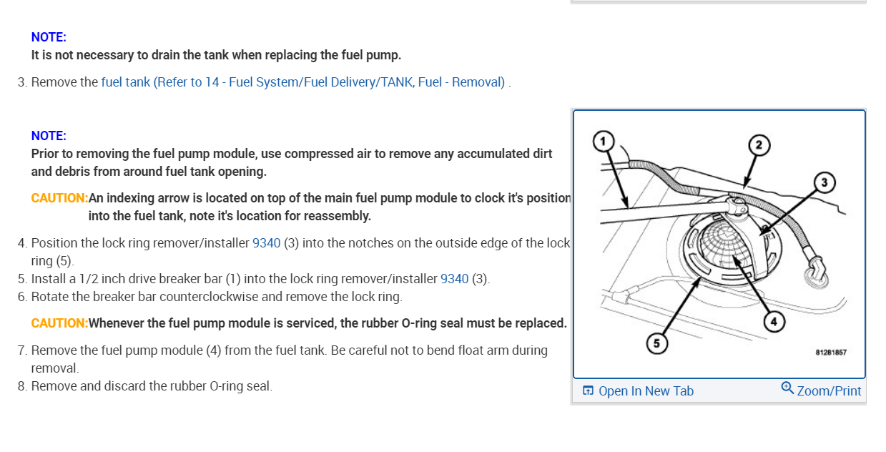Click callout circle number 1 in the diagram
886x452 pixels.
click(604, 140)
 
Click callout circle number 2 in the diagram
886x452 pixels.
click(759, 144)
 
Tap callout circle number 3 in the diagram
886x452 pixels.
click(825, 182)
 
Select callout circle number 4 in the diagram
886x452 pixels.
click(773, 322)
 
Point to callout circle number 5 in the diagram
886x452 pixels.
click(656, 343)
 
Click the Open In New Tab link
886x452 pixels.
click(646, 390)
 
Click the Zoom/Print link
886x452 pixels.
click(829, 390)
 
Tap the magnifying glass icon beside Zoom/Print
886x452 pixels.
click(787, 388)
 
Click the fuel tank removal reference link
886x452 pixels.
click(303, 82)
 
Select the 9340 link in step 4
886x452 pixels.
click(266, 243)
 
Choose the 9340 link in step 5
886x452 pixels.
click(454, 279)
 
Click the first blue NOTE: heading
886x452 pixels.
click(49, 37)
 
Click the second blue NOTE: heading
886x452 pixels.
click(49, 136)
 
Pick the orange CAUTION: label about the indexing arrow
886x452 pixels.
click(59, 198)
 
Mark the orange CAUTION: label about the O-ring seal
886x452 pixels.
click(59, 323)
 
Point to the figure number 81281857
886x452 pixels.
click(831, 353)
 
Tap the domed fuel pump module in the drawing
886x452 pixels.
click(725, 247)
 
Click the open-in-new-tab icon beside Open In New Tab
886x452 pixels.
click(588, 390)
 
